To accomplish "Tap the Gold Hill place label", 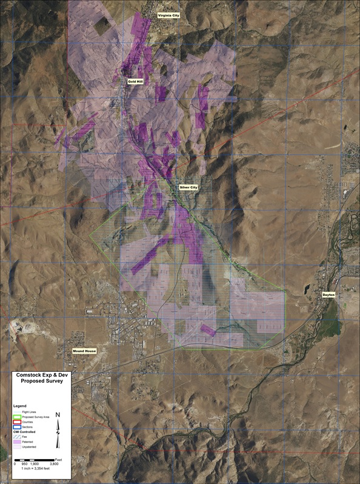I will (x=134, y=80).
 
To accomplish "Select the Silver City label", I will (x=188, y=187).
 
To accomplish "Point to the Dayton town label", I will (x=328, y=294).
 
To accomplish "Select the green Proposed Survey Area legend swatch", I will (x=17, y=417).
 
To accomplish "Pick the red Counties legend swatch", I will (x=17, y=423).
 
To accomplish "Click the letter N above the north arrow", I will (x=58, y=415).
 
